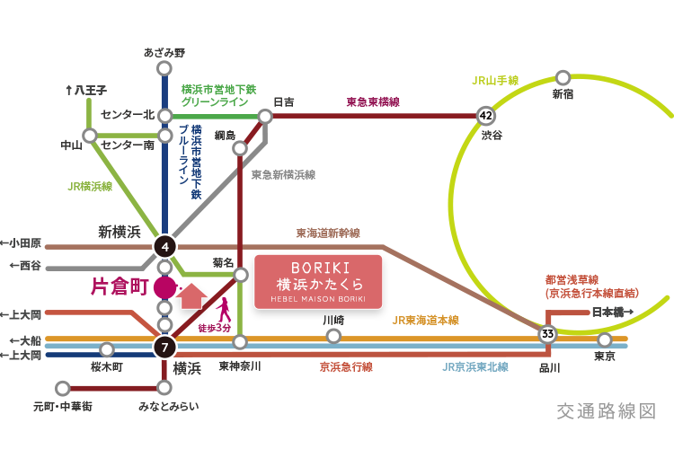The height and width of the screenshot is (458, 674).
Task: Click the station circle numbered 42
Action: (486, 116)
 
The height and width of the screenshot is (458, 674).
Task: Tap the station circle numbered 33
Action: (547, 334)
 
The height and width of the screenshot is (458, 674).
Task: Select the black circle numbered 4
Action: (164, 245)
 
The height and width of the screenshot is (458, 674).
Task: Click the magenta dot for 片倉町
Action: (164, 287)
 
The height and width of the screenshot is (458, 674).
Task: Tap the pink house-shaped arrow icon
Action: (191, 295)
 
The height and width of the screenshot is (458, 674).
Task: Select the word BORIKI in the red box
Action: (318, 268)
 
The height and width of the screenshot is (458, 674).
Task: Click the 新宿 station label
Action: (563, 93)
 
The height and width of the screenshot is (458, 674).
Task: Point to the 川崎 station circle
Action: (333, 336)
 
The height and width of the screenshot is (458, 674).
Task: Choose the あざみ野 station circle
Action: (164, 68)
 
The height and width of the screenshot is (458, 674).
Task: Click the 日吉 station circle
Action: (265, 116)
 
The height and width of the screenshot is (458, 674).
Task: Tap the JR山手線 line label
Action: (495, 80)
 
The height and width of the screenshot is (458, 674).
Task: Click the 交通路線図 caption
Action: (607, 412)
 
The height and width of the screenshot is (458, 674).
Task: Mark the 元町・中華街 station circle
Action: (62, 389)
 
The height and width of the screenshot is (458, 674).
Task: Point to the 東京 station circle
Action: (605, 340)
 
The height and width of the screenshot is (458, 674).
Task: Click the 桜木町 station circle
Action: (107, 349)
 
